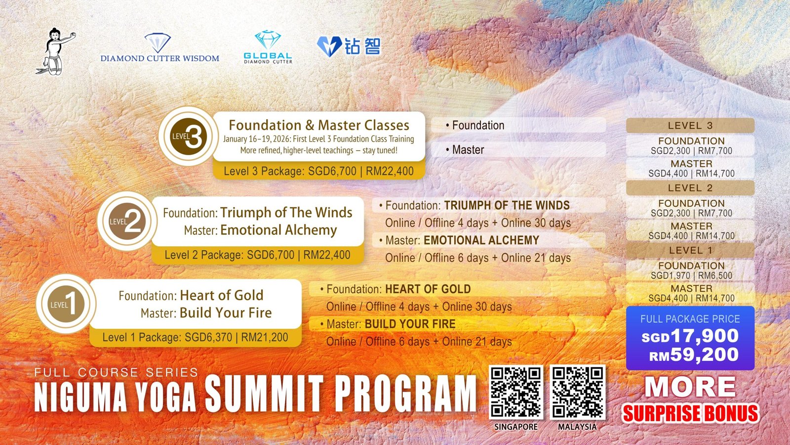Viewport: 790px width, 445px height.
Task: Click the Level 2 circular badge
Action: point(127,221)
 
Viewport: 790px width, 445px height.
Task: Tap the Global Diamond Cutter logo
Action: point(268,48)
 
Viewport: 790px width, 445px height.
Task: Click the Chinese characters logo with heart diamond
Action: point(349,47)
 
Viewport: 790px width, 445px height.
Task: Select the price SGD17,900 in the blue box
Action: point(690,336)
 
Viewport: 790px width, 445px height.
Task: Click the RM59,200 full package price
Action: point(694,355)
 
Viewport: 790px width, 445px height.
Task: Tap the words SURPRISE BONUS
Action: point(690,413)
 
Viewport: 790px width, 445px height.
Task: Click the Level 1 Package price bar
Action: point(195,338)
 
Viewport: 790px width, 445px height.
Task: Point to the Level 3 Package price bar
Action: point(318,172)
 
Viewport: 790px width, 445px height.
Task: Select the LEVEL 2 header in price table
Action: point(690,188)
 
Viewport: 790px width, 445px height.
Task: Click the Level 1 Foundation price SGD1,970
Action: point(671,275)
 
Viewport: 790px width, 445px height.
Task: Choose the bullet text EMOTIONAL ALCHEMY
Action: point(481,240)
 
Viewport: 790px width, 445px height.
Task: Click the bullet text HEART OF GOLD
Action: point(428,289)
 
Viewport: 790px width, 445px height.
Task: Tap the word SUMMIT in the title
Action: point(264,394)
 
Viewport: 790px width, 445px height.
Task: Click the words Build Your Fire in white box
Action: point(226,313)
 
